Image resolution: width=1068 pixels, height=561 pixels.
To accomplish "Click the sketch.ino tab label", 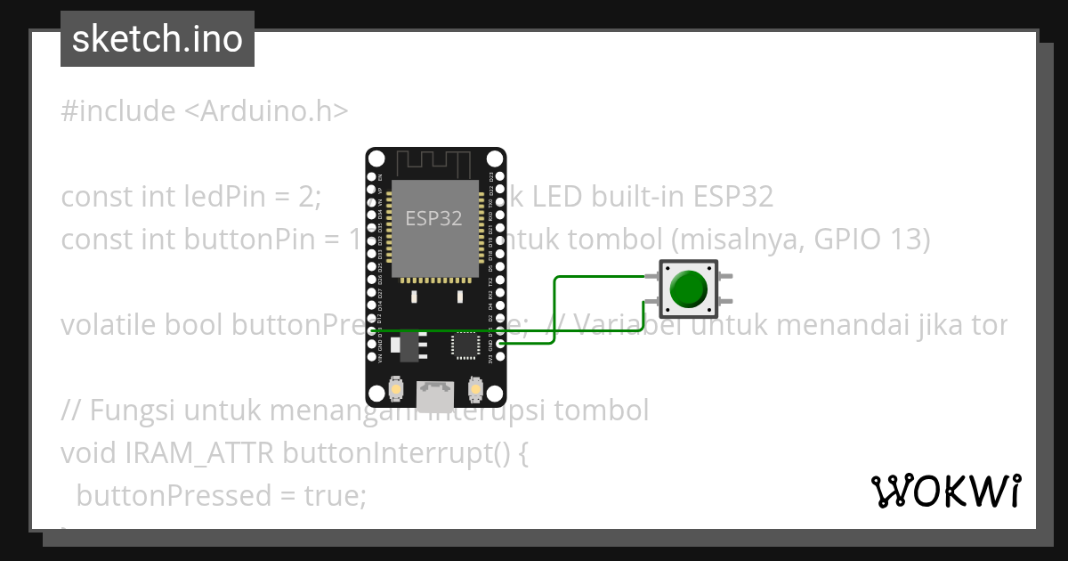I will tap(157, 39).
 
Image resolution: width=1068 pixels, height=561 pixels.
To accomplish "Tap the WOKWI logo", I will tap(945, 491).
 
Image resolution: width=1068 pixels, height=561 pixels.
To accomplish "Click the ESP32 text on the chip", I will tap(433, 218).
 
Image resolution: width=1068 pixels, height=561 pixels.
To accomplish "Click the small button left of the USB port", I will tap(397, 389).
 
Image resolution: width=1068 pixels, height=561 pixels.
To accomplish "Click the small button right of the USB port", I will tap(474, 389).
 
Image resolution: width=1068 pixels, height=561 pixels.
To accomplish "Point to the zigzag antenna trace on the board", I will tap(433, 164).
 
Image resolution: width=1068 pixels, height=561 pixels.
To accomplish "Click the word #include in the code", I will tap(118, 111).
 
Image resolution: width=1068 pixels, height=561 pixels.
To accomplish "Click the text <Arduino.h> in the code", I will tap(267, 111).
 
